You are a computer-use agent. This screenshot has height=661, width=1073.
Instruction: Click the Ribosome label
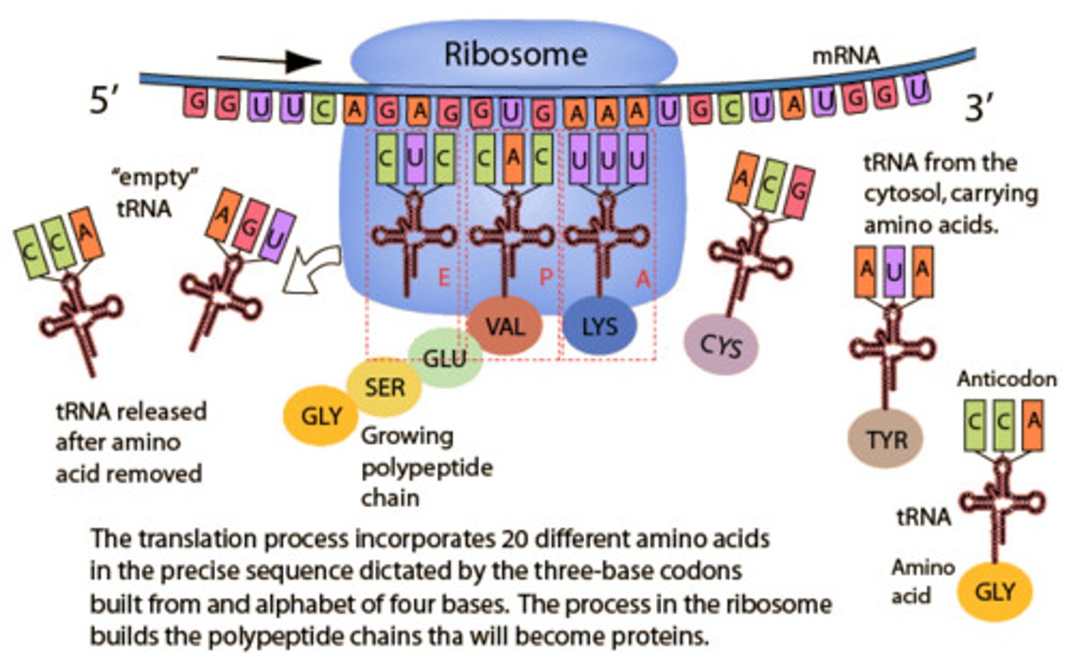tap(515, 54)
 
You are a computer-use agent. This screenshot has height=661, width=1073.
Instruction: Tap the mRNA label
tap(845, 55)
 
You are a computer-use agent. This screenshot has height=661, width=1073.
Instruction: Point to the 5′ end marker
tap(104, 100)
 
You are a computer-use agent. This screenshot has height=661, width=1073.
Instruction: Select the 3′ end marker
tap(978, 107)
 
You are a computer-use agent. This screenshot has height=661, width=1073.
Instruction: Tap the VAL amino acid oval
tap(504, 326)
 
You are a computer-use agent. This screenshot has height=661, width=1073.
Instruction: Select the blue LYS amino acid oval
tap(599, 326)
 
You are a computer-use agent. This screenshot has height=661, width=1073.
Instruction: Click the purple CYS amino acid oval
tap(721, 344)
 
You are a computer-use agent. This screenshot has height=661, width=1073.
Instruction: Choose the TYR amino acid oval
tap(886, 439)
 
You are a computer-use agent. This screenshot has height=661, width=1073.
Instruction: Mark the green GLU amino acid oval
tap(445, 358)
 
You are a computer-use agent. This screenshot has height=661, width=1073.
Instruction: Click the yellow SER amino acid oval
tap(384, 388)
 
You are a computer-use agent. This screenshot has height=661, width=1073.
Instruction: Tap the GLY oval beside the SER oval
tap(321, 416)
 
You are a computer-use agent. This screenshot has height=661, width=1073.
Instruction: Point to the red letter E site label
tap(444, 278)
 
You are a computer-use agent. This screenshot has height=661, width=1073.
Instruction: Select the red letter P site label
tap(545, 277)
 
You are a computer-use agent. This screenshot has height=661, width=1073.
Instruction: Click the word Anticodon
tap(1006, 379)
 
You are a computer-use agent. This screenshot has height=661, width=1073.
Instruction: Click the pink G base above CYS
tap(799, 192)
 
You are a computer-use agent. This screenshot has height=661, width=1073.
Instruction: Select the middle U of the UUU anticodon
tap(607, 159)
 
